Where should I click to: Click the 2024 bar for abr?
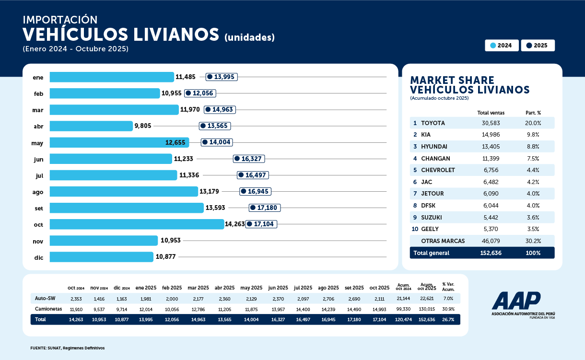(x=91, y=126)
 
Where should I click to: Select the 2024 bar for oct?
(x=137, y=224)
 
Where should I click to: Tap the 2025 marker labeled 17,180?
(x=264, y=208)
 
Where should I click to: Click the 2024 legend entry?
(x=502, y=46)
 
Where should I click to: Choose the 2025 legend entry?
(x=538, y=46)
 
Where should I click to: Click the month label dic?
(x=38, y=257)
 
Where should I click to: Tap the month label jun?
(x=38, y=159)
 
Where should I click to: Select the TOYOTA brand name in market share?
(x=433, y=123)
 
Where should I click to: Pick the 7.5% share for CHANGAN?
(x=533, y=158)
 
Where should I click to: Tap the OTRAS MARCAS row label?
(x=443, y=241)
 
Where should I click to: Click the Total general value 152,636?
(x=491, y=253)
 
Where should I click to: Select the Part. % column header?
(x=533, y=113)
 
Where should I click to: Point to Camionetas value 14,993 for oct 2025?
(x=379, y=309)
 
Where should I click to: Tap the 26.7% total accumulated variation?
(x=448, y=319)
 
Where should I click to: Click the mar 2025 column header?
(x=198, y=288)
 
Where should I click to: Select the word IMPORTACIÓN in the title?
(x=60, y=20)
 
